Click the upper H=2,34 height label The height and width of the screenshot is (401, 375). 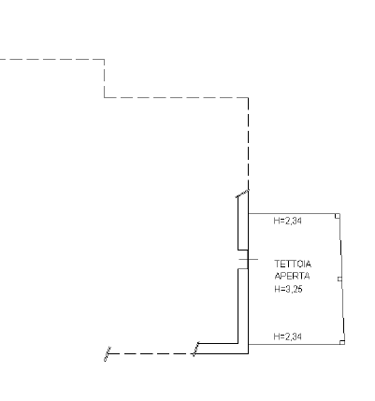point(288,221)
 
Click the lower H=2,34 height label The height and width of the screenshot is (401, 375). point(288,337)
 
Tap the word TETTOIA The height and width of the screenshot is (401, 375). point(293,265)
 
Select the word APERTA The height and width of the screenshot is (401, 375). point(292,276)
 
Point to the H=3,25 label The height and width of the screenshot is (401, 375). point(288,289)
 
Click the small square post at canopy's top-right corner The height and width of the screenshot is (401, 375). point(338,216)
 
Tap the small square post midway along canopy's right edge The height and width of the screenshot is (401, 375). point(339,279)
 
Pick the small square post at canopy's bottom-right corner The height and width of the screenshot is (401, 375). point(342,342)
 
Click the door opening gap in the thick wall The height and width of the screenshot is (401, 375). point(243,259)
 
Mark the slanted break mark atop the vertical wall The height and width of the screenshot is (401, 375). point(242,193)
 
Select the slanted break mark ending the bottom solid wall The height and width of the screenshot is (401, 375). point(196,349)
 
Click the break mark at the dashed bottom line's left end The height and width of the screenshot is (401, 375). point(108,354)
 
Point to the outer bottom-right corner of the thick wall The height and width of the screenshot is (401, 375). point(249,353)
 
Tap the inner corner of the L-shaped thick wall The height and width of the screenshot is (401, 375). point(238,343)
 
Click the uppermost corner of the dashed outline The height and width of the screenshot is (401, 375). point(105,59)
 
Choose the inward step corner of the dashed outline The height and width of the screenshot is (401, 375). point(105,97)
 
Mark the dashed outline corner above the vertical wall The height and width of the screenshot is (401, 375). point(249,97)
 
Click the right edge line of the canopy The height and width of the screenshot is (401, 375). point(342,279)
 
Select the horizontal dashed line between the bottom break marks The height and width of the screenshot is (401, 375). point(151,354)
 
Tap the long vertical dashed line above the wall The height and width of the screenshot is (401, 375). point(249,143)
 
